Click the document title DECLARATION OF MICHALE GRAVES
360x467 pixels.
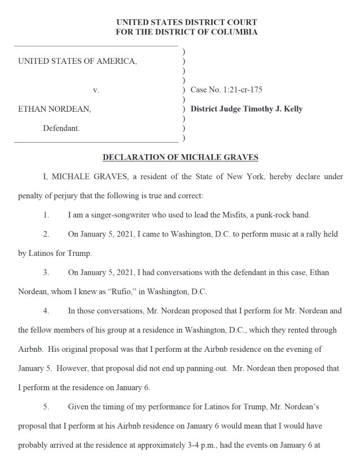click(180, 157)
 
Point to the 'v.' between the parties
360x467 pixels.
click(96, 90)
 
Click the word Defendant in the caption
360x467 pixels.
click(62, 128)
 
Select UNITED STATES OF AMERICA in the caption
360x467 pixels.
click(77, 61)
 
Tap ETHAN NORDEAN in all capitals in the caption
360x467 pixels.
click(54, 109)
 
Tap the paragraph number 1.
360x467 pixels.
click(46, 215)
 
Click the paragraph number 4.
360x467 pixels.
click(46, 311)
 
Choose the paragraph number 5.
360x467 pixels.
click(46, 406)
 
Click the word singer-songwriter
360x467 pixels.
click(113, 215)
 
